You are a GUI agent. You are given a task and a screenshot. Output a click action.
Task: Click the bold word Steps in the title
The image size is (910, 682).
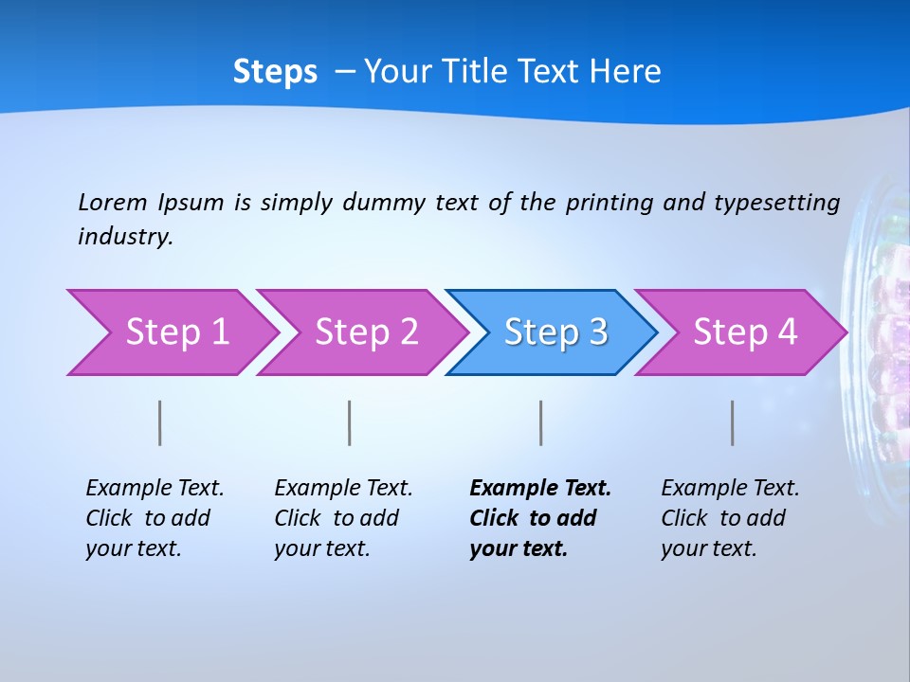(x=275, y=72)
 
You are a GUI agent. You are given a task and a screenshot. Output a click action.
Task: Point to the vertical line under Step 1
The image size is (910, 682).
(x=160, y=422)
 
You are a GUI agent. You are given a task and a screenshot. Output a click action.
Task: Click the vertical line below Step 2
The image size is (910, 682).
(x=350, y=422)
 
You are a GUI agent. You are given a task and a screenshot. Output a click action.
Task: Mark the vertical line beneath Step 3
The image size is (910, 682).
(x=541, y=422)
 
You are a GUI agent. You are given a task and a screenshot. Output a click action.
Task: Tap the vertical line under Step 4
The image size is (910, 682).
(x=733, y=422)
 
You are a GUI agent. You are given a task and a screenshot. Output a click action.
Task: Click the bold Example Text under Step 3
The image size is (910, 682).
(x=540, y=489)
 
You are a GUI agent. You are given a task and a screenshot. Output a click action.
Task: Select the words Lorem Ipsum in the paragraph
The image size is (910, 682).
(x=151, y=202)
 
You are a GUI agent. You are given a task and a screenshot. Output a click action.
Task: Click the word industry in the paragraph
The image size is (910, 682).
(x=124, y=236)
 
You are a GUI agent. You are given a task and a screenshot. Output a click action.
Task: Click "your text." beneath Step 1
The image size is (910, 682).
(x=133, y=548)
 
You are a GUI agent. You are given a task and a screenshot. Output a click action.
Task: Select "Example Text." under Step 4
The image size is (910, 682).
(x=730, y=489)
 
